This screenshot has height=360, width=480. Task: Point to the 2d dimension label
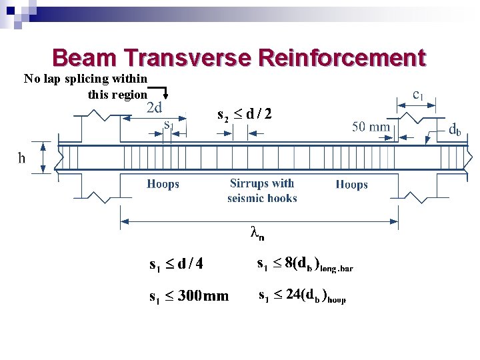pos(155,107)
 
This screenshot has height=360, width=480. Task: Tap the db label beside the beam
pos(455,130)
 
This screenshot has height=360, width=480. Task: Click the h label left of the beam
pos(21,159)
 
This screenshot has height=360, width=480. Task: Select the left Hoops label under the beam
pos(163,184)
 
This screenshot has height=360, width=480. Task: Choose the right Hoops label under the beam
pos(351,185)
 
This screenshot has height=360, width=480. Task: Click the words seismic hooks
pos(262,198)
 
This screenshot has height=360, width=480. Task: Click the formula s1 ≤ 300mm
pos(189,295)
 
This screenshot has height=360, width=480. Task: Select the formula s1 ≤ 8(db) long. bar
pos(305,265)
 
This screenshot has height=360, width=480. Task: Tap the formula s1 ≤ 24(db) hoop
pos(302,296)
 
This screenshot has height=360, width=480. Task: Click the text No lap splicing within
pos(85,79)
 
